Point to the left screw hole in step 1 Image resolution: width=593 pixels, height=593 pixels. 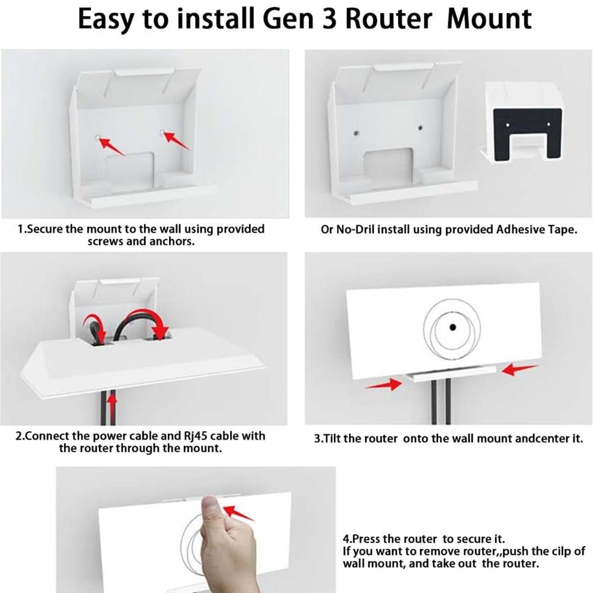(96, 136)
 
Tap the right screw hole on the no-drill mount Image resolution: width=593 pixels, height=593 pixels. (420, 129)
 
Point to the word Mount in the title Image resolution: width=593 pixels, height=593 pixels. (489, 20)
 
